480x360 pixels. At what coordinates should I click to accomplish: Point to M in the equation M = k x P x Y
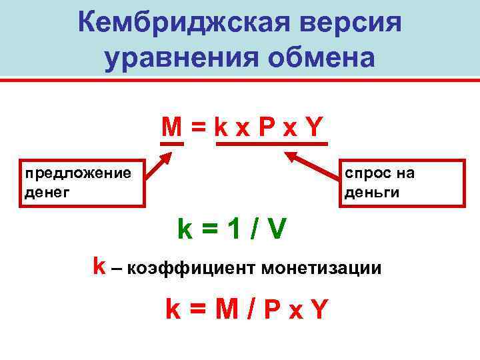171,127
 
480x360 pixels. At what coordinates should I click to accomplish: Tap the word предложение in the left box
78,173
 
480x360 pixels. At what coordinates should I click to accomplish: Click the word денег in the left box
47,193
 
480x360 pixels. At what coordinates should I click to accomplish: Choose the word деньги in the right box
372,193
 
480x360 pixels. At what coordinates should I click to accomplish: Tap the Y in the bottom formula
320,309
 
